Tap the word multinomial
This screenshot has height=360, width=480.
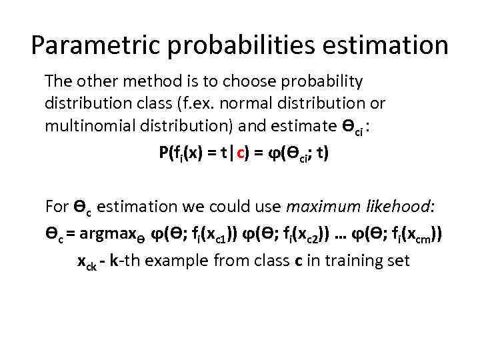point(87,127)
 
